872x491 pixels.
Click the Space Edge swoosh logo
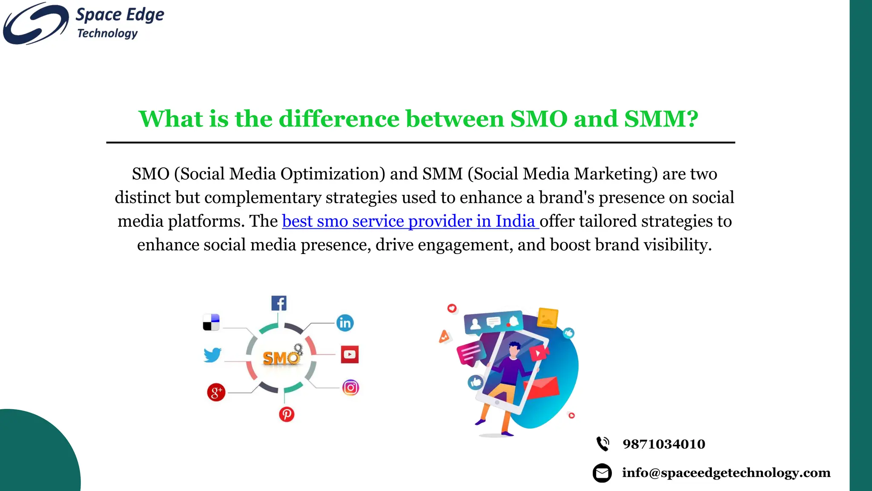click(x=36, y=23)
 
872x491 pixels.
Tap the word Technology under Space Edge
click(x=107, y=33)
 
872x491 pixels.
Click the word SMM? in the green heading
click(x=661, y=118)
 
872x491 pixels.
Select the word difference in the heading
click(x=339, y=118)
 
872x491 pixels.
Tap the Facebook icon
click(x=279, y=303)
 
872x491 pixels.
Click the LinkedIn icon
click(x=345, y=323)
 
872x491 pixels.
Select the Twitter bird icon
click(x=212, y=355)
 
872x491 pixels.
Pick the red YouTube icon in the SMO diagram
click(x=350, y=355)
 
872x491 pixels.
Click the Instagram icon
click(x=350, y=388)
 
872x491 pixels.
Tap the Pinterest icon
click(x=287, y=414)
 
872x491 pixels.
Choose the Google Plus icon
click(x=216, y=392)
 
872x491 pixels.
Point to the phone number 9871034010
click(x=664, y=444)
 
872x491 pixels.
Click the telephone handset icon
click(x=602, y=444)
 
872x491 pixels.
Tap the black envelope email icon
click(x=602, y=473)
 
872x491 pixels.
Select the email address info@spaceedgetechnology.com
click(x=726, y=473)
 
